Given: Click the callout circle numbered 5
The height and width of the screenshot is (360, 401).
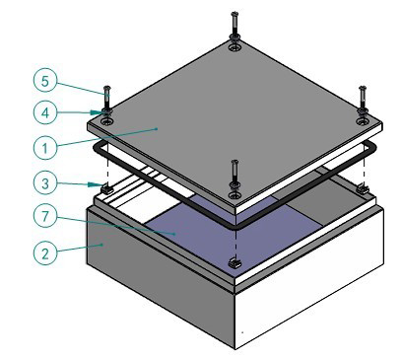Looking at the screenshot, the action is point(45,81).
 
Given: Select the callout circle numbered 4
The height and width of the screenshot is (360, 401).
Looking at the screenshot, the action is point(45,112).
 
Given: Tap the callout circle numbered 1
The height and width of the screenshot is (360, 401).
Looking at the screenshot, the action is point(45,148).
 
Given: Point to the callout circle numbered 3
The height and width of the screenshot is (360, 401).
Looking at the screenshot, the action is point(45,183).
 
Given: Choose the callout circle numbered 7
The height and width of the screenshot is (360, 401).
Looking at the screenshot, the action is point(45,216).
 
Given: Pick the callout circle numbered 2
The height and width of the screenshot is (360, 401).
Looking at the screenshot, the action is point(45,253).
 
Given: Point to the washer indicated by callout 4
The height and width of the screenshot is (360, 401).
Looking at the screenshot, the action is point(106,112).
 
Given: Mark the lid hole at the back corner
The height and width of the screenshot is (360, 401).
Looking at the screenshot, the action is point(234,48).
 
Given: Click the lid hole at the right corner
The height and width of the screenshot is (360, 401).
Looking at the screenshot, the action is point(363,122).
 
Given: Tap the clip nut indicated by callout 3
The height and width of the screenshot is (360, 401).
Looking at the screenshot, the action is point(106,189).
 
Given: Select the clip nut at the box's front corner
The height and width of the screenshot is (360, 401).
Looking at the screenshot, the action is point(234,262).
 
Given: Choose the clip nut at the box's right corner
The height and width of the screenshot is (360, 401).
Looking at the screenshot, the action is point(363,189).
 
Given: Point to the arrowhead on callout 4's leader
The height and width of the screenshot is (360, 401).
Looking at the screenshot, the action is point(96,112).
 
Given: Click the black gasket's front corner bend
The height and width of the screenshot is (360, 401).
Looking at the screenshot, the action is point(235,227).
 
